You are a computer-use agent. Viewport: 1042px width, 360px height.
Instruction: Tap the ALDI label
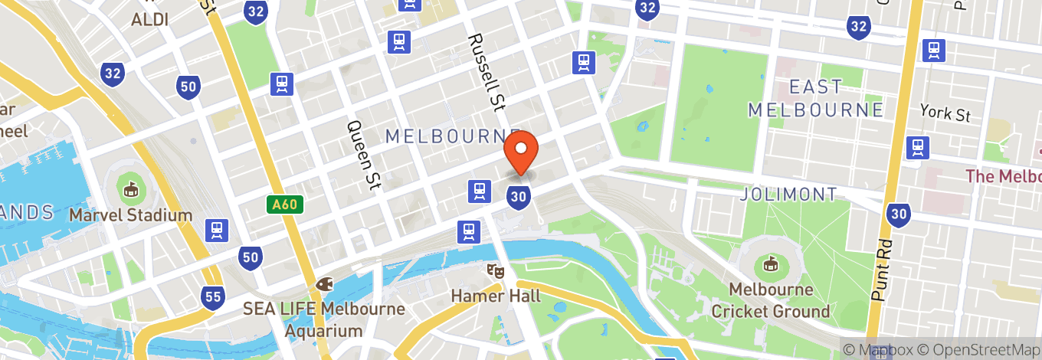click(150, 20)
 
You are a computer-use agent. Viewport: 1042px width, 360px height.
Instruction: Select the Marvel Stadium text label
click(130, 215)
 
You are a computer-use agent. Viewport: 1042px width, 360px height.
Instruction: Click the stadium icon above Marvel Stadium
click(130, 188)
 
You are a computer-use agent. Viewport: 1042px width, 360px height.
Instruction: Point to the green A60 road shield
click(286, 205)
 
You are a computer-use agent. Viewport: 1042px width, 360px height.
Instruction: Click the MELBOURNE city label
click(452, 136)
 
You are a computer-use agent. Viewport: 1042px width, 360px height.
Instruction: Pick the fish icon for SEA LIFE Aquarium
click(324, 284)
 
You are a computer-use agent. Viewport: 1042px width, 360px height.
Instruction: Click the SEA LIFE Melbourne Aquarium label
click(324, 320)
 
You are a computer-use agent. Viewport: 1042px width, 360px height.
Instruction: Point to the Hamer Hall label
click(496, 296)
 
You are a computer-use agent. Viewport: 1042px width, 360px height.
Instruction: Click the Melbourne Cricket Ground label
click(771, 301)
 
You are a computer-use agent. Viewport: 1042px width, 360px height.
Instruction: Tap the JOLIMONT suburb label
click(788, 195)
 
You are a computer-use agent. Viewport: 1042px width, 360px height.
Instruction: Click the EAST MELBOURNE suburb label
click(816, 98)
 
